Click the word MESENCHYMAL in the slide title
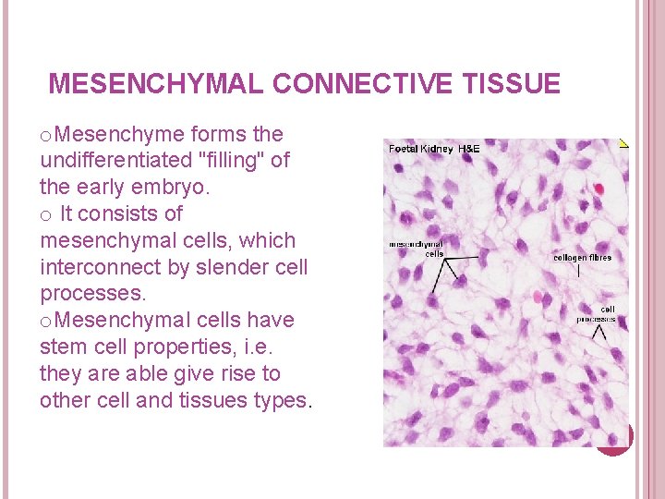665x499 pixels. (156, 85)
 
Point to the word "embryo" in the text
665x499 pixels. (171, 188)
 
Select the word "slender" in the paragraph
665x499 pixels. (208, 268)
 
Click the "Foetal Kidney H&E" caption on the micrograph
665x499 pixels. (434, 149)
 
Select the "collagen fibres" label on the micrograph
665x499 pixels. (582, 258)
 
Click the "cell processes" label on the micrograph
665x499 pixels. (597, 314)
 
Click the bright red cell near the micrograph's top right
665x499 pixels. (598, 189)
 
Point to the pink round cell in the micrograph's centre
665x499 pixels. (538, 297)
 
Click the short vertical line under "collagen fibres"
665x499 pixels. (579, 272)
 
